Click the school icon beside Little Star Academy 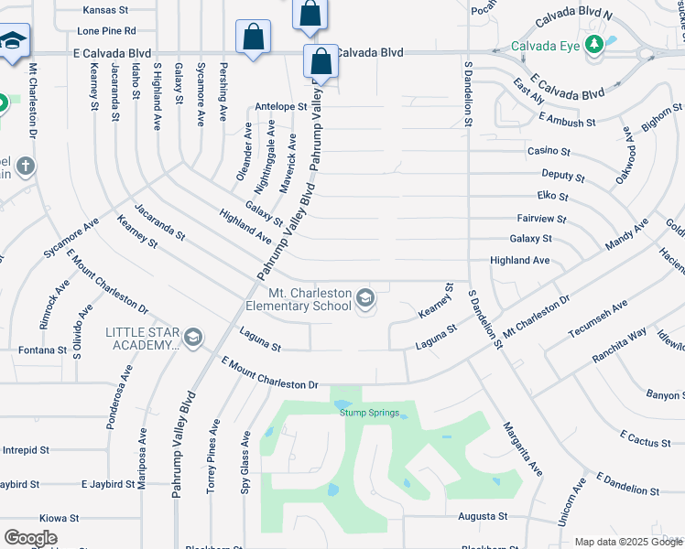coord(192,339)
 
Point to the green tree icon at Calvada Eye coord(593,43)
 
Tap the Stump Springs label coord(370,413)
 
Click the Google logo coord(30,538)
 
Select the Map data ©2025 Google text coord(628,542)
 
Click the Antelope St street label coord(281,106)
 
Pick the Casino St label coord(549,151)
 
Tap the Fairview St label coord(541,220)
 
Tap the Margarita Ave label coord(523,448)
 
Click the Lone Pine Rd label coord(106,30)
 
